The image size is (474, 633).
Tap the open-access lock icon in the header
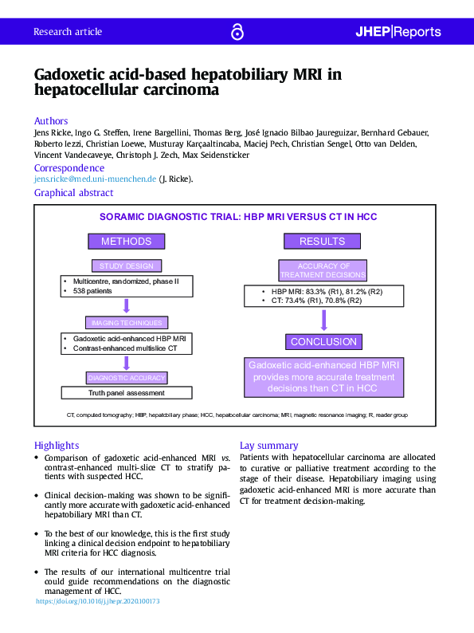[x=237, y=32]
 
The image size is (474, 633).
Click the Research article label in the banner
[x=68, y=32]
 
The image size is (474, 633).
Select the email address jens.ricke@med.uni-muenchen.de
[x=95, y=179]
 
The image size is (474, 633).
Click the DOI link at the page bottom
[x=98, y=601]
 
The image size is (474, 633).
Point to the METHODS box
[x=126, y=241]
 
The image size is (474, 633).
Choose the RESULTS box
[x=323, y=241]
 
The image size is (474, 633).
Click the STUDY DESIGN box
[x=126, y=265]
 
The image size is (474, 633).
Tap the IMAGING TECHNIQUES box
[x=127, y=323]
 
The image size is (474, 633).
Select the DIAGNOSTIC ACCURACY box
[x=127, y=377]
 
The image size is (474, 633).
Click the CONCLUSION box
[x=323, y=341]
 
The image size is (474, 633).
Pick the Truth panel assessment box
[x=127, y=392]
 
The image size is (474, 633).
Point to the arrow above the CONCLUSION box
[x=323, y=320]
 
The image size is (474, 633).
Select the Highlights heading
[x=57, y=445]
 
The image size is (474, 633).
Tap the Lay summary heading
[x=269, y=445]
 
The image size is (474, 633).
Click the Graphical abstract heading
[x=73, y=193]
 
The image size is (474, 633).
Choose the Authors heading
[x=51, y=121]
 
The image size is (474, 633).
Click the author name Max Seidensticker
[x=215, y=155]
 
